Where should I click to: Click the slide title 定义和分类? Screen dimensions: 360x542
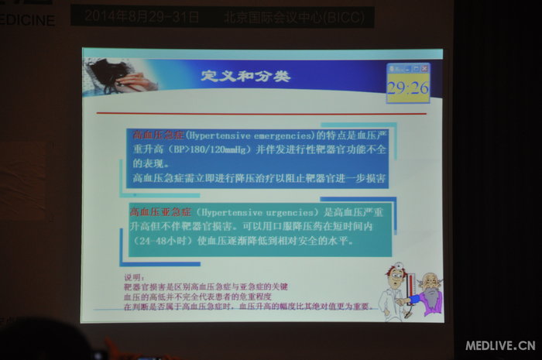coord(245,76)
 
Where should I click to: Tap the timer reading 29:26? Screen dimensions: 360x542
coord(408,87)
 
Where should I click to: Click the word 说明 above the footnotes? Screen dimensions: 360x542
coord(133,277)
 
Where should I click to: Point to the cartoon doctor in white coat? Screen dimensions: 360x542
coord(393,293)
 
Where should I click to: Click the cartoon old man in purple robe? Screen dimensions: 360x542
coord(428,293)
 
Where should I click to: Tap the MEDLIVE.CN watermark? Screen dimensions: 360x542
coord(500,345)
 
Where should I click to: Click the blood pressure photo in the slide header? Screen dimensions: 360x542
coord(122,75)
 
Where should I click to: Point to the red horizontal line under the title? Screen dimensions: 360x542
coord(263,114)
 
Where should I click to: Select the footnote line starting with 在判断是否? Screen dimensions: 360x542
coord(246,307)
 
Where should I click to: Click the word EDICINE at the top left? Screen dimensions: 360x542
coord(28,19)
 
